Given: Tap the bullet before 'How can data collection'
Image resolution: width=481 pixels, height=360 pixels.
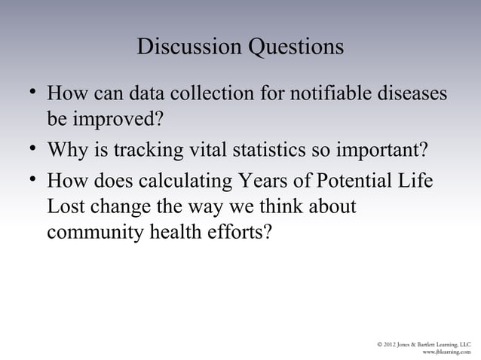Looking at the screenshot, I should click(31, 93).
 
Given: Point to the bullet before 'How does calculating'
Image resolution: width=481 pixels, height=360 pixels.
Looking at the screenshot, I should click(31, 178).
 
